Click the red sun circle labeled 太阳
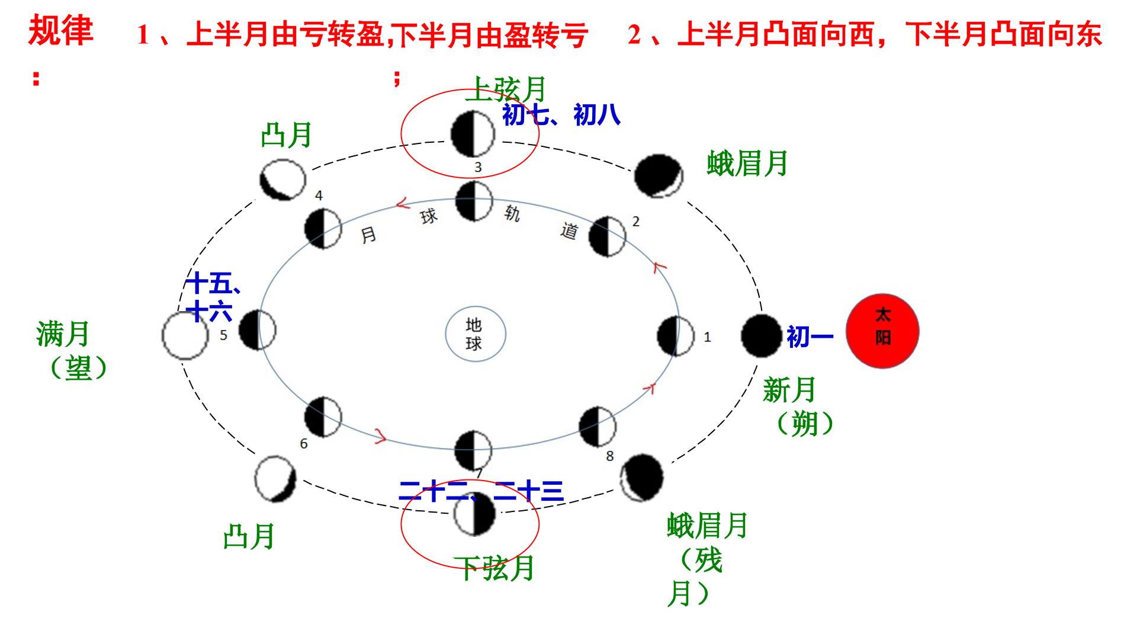click(882, 332)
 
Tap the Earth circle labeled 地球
click(476, 334)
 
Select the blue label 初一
click(810, 337)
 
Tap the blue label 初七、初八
click(561, 114)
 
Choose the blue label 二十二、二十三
click(481, 491)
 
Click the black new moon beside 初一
click(762, 335)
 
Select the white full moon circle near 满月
click(185, 335)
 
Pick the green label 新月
click(789, 390)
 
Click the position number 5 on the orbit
click(223, 335)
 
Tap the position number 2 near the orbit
click(636, 222)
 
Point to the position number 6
click(304, 444)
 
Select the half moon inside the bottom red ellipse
click(474, 514)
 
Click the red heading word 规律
click(61, 31)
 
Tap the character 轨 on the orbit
click(512, 213)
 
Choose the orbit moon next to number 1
click(676, 336)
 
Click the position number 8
click(610, 456)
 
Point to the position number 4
click(319, 196)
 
